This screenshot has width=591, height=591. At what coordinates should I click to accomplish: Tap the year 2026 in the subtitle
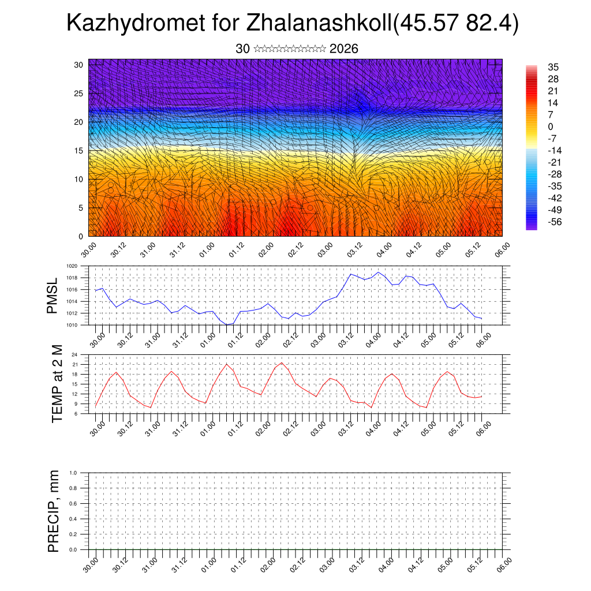pyautogui.click(x=344, y=49)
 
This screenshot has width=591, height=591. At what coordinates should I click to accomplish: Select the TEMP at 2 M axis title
pyautogui.click(x=57, y=383)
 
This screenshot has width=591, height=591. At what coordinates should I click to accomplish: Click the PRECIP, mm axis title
pyautogui.click(x=54, y=511)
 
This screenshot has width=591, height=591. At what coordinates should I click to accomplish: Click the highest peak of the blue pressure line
pyautogui.click(x=378, y=272)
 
